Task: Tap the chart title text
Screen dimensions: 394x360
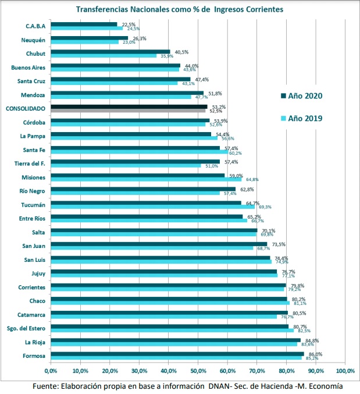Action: pos(180,9)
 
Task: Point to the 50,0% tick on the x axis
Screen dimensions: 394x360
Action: pos(198,371)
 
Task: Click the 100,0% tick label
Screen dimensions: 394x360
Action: pos(345,371)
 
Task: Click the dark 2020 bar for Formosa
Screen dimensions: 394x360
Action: pos(177,354)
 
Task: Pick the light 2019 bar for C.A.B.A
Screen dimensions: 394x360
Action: pos(87,28)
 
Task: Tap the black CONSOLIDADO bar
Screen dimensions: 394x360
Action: pos(129,107)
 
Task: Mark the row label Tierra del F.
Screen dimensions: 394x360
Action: pos(33,164)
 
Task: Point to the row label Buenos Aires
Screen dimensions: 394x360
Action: pos(28,68)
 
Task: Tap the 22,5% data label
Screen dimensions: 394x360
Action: pos(128,24)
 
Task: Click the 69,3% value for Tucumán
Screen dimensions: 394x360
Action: pos(265,207)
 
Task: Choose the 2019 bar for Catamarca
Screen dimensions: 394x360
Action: pos(163,317)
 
